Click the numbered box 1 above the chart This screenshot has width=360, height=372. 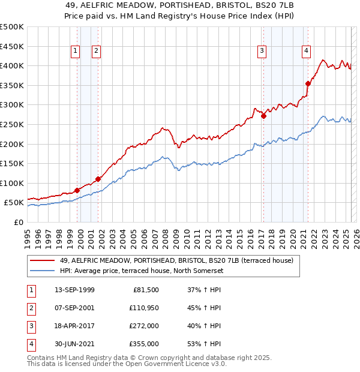point(76,52)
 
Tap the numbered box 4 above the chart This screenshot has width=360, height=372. point(306,52)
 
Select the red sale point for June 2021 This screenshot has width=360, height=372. point(308,83)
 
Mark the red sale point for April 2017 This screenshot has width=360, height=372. point(263,116)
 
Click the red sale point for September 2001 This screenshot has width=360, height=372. point(98,179)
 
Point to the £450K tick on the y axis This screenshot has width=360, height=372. point(12,46)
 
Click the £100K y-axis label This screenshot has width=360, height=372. point(12,183)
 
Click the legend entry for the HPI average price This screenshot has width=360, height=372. point(141,271)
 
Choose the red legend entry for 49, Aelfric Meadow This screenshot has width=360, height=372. point(176,260)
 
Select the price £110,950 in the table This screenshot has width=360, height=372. point(142,308)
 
